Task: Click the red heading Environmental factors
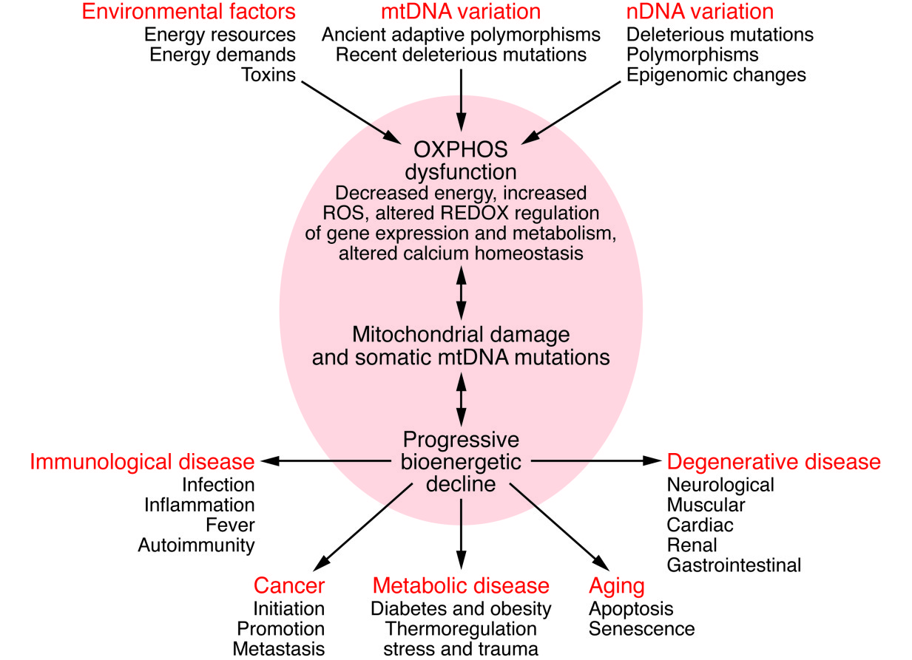pos(189,12)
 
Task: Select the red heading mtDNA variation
pos(461,12)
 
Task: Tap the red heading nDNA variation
pos(700,12)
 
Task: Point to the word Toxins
pos(268,75)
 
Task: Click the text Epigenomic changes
pos(716,75)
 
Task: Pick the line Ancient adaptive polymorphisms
pos(461,34)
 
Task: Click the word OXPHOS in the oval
pos(461,150)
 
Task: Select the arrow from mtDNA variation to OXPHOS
pos(461,100)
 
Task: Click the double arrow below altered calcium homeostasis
pos(461,294)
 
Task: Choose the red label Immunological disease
pos(142,462)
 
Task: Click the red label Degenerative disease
pos(774,462)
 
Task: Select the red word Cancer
pos(289,586)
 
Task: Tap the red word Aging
pos(617,586)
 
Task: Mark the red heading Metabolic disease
pos(461,586)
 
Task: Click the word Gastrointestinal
pos(734,565)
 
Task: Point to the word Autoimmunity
pos(196,545)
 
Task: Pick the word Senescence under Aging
pos(642,629)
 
